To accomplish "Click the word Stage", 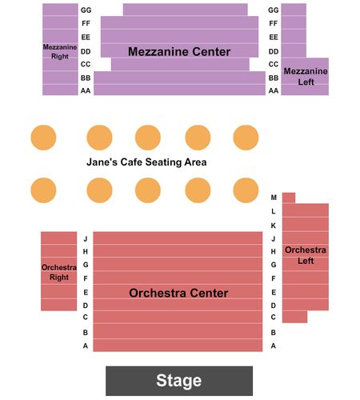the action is point(178,380).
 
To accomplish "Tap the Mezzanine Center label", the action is point(179,52).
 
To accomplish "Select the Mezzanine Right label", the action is point(60,52).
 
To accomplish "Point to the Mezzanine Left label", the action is point(306,77).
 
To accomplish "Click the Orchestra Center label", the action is point(178,293).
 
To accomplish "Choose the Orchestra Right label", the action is point(59,272).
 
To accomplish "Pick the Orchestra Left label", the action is point(306,255).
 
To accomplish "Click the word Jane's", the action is point(102,162).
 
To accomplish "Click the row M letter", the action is point(274,198).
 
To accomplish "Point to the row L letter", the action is point(274,211).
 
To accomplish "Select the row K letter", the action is point(274,226).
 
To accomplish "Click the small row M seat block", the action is point(289,198).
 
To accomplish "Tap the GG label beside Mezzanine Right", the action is point(86,10).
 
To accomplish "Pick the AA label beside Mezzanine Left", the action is point(274,90).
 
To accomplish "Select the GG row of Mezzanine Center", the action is point(185,10).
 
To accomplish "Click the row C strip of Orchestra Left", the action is point(295,317).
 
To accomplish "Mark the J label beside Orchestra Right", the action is point(86,238).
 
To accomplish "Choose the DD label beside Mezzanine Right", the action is point(86,51).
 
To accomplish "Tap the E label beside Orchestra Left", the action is point(274,292).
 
